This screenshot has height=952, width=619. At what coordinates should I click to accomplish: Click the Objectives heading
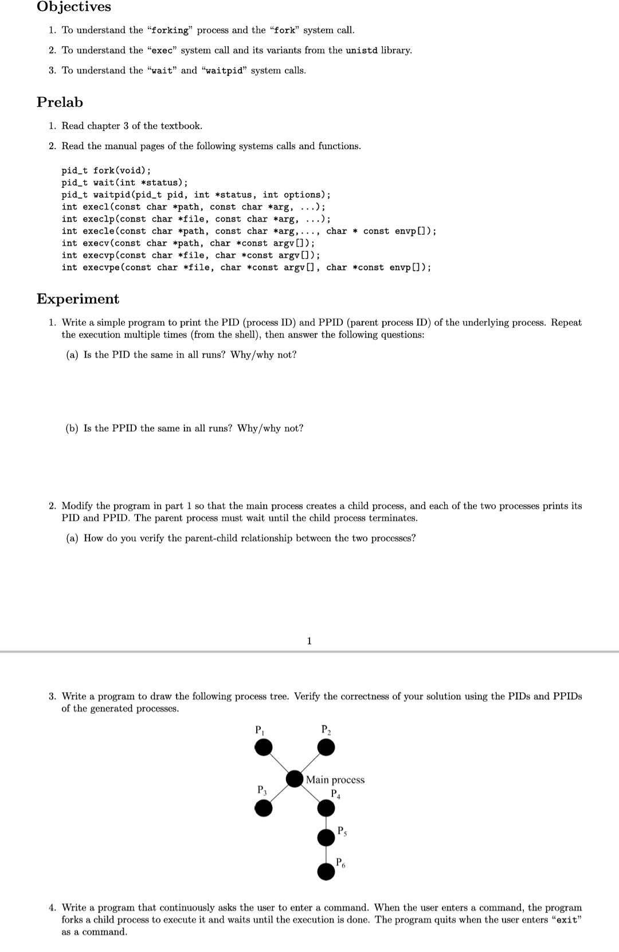tap(74, 7)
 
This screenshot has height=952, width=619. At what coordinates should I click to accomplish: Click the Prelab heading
tap(60, 102)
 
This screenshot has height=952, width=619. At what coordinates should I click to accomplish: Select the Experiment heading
tap(78, 299)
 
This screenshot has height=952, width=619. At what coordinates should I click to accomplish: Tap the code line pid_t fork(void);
tap(106, 170)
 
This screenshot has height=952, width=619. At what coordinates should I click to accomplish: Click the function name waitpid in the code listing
tap(111, 195)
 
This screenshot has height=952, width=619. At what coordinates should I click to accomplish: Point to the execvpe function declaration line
tap(246, 267)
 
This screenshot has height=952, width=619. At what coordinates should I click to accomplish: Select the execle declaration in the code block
tap(249, 231)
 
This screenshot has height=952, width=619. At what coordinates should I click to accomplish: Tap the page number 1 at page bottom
tap(309, 641)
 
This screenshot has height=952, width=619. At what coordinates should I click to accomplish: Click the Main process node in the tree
tap(295, 779)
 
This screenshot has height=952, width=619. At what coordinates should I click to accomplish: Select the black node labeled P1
tap(264, 747)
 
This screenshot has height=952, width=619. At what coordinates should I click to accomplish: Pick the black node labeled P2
tap(326, 747)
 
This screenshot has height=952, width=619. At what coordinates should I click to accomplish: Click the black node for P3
tap(264, 808)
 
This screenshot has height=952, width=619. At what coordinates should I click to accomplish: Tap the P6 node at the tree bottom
tap(326, 871)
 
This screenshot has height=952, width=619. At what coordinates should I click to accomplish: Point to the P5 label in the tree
tap(342, 831)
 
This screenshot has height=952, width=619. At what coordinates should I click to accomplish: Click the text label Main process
tap(335, 780)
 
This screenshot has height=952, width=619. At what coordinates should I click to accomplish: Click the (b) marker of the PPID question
tap(72, 429)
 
